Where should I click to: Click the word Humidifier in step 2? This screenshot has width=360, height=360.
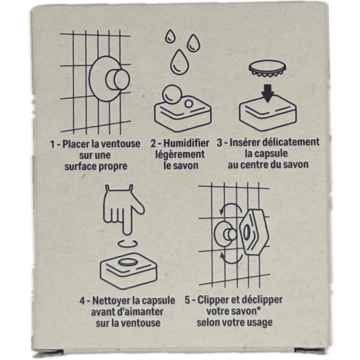coord(186,143)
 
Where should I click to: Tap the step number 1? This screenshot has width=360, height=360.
coord(52,144)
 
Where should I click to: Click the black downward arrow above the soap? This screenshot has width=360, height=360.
coord(268,93)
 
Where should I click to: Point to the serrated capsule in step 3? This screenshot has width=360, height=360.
coord(268,68)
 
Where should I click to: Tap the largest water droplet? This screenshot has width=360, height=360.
coord(179,62)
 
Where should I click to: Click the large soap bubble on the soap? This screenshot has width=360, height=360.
coord(171,94)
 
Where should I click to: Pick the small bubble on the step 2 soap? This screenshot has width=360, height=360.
coord(189,104)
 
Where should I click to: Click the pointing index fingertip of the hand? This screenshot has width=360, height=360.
coord(127,232)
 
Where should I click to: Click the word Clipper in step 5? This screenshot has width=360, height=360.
coord(213,300)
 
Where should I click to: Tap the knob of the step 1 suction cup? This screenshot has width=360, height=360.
coord(117,80)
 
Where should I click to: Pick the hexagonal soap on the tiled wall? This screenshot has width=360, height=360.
coord(254,232)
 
